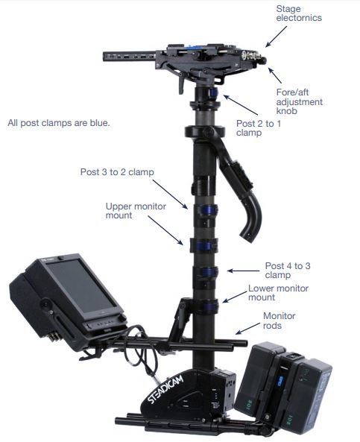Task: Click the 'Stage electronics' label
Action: click(x=299, y=13)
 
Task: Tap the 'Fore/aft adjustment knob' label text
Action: click(x=300, y=101)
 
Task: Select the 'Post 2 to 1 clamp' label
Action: click(x=259, y=128)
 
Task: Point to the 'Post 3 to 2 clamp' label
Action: click(x=117, y=172)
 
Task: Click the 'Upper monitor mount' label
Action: click(x=136, y=211)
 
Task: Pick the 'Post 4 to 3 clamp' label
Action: click(x=288, y=271)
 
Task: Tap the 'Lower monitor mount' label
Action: click(x=278, y=293)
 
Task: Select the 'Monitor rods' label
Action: click(x=279, y=321)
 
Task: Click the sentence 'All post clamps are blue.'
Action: click(x=59, y=123)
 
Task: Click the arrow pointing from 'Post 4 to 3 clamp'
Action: click(x=243, y=271)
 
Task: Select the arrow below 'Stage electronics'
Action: click(x=276, y=37)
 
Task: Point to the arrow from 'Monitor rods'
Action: click(x=247, y=329)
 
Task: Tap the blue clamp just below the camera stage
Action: click(x=214, y=92)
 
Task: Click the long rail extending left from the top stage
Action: click(x=129, y=57)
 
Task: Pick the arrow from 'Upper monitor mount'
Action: click(x=165, y=230)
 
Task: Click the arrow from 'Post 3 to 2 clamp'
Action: click(x=170, y=195)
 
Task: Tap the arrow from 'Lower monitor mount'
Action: click(x=235, y=297)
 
